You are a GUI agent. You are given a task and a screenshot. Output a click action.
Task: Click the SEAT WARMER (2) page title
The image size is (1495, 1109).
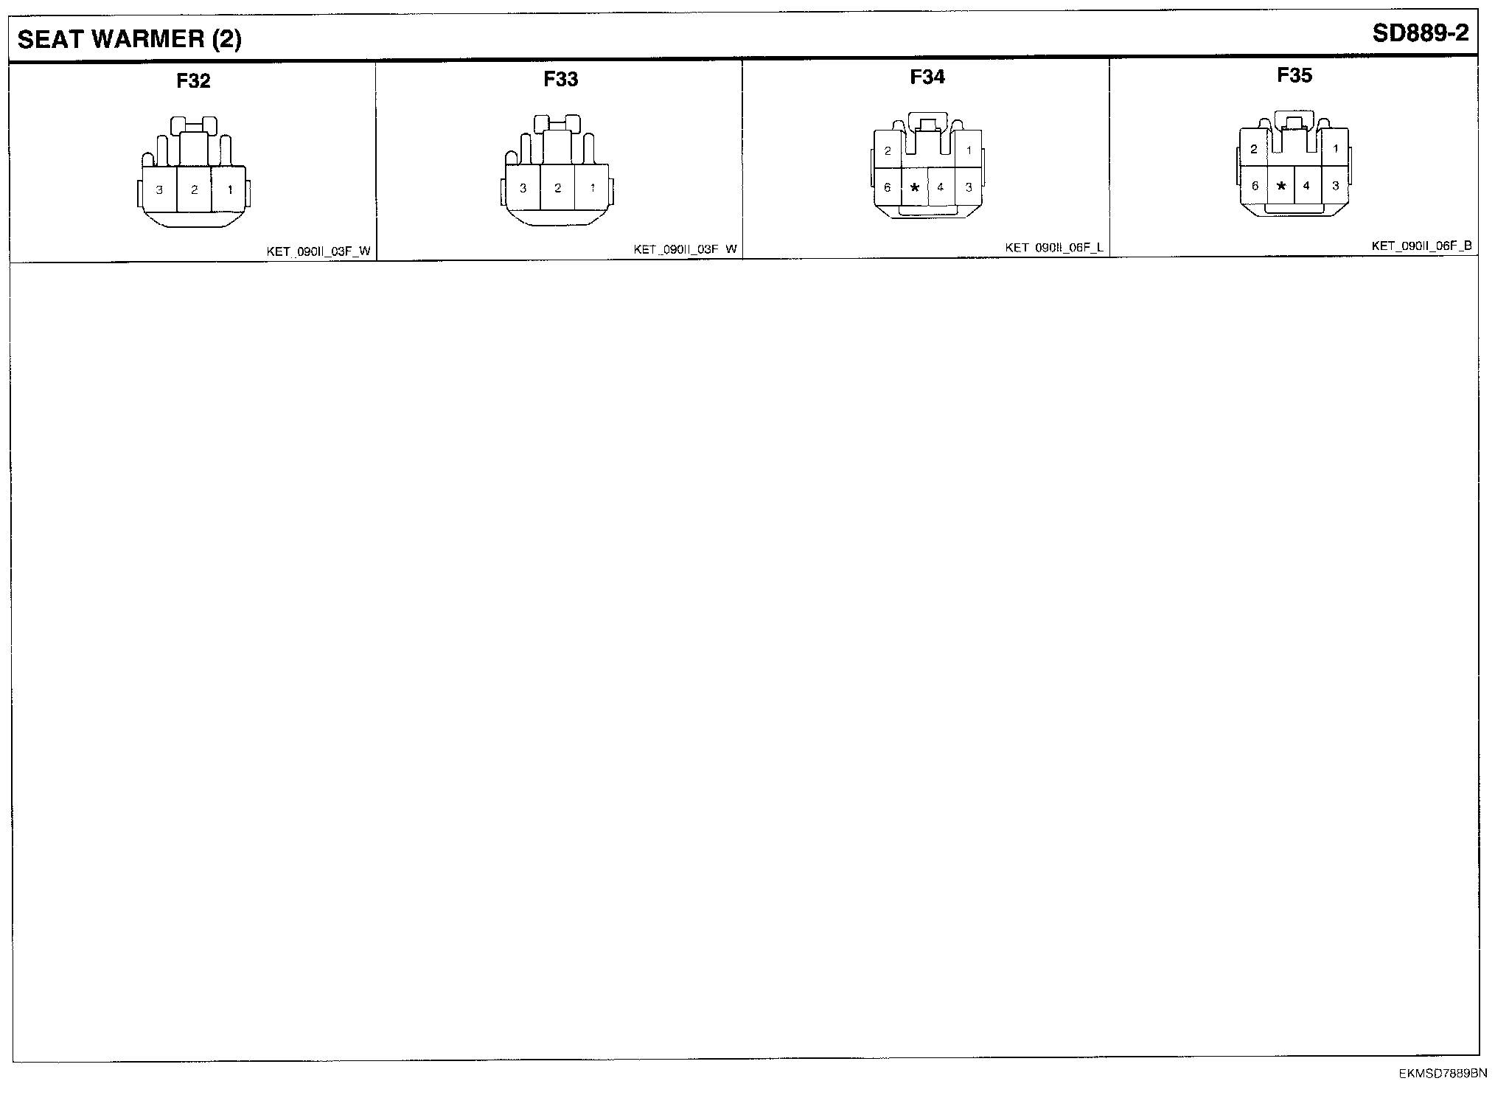(129, 39)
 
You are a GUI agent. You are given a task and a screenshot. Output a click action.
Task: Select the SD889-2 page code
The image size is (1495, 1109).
(1420, 34)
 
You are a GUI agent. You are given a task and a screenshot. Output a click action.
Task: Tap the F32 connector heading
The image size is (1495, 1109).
(193, 81)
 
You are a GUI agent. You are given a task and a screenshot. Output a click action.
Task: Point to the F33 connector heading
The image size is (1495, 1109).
(560, 80)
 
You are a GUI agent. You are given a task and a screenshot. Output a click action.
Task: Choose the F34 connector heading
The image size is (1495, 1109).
(927, 77)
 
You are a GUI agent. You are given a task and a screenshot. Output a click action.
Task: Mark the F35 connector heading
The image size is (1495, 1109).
(1294, 75)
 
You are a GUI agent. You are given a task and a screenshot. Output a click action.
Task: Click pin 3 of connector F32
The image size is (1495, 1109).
(159, 190)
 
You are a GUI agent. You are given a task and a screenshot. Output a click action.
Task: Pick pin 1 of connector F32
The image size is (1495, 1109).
(229, 190)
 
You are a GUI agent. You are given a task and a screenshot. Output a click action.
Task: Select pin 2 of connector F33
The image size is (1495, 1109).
(557, 188)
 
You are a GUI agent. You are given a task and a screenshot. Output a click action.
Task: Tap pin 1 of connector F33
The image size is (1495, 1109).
(592, 188)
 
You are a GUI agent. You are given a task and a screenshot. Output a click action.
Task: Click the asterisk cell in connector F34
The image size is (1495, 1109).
(914, 188)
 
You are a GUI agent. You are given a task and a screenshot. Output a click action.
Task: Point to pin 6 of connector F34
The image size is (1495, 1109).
(887, 188)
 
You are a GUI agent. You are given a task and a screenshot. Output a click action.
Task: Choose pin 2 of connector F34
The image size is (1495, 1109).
(888, 151)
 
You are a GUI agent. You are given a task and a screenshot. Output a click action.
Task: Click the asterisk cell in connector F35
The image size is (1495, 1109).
(1280, 187)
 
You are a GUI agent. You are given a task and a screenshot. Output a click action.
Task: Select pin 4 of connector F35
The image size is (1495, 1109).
(1306, 187)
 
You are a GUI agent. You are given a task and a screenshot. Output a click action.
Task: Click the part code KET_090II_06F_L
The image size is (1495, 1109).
(1053, 248)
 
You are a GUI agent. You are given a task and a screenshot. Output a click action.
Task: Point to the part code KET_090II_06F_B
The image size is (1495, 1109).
(1421, 246)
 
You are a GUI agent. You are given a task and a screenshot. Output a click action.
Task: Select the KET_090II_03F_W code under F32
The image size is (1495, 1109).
(318, 251)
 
